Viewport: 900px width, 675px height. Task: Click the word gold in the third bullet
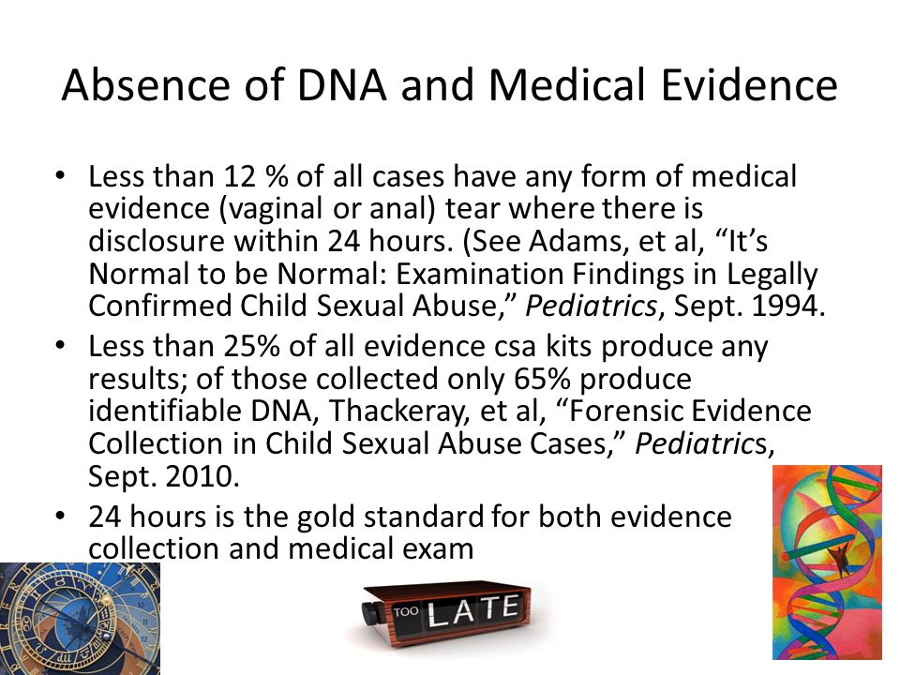(325, 517)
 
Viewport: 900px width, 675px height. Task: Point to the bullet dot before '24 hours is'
(60, 516)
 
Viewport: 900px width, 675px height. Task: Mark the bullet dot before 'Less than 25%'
(60, 346)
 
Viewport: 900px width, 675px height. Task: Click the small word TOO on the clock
(406, 612)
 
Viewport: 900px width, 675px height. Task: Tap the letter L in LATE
(439, 614)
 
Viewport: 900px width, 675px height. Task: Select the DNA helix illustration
(827, 562)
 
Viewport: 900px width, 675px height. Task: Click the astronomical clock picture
(80, 619)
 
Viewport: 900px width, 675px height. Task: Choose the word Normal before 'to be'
(139, 273)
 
